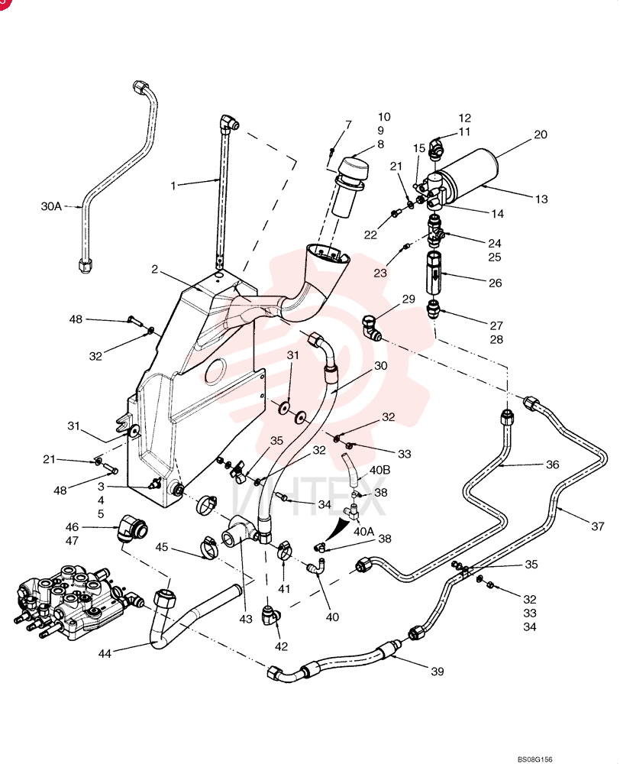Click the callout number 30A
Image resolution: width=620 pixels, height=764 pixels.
point(51,206)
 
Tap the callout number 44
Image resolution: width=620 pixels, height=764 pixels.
point(105,653)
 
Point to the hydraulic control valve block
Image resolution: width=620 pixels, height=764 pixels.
point(73,602)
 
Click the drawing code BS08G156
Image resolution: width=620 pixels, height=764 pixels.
point(534,759)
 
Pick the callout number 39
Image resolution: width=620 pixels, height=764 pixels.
point(438,672)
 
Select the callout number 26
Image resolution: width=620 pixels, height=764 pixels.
point(495,283)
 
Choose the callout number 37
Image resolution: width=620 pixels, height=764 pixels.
point(598,526)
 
